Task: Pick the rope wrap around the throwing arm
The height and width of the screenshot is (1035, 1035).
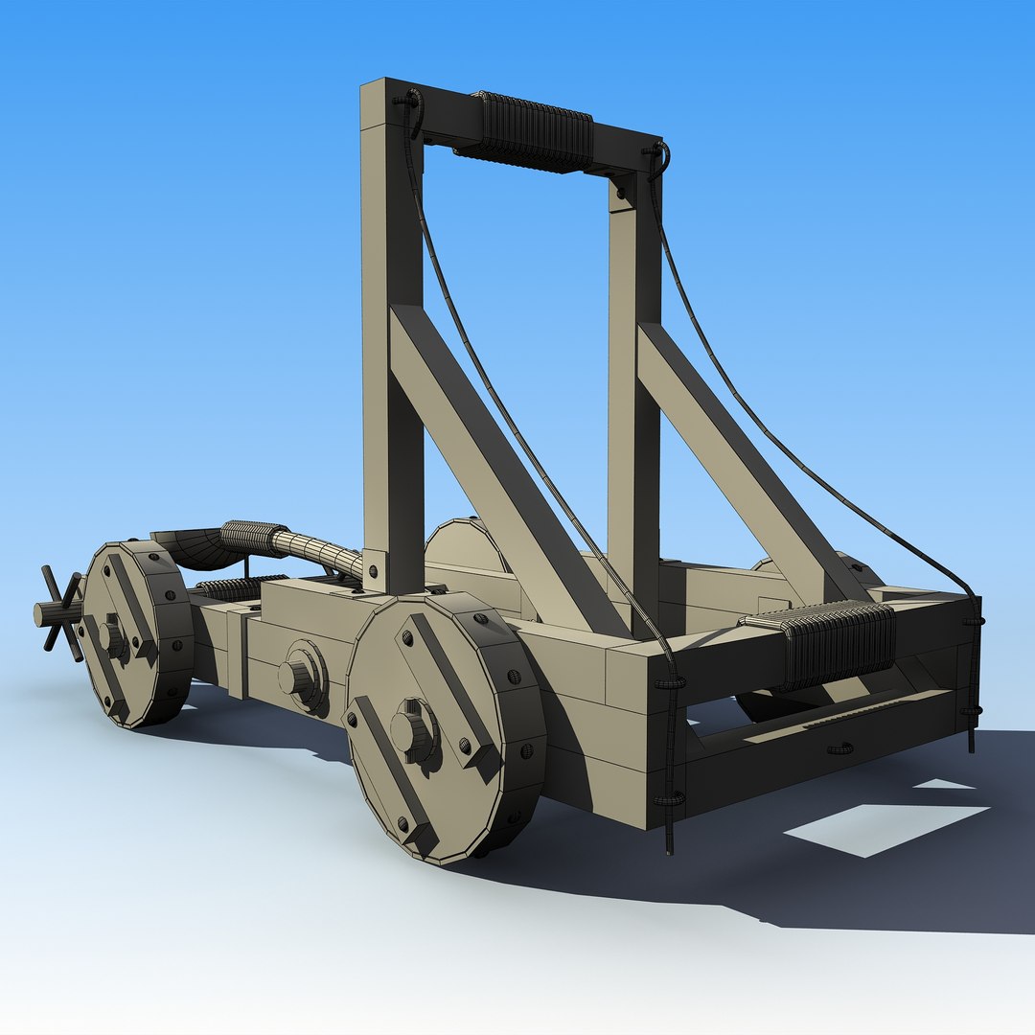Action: pos(253,538)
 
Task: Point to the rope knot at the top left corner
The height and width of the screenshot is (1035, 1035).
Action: pos(410,101)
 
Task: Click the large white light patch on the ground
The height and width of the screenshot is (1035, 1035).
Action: pos(886,826)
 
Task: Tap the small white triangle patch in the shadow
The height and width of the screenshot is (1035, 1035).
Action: pos(944,784)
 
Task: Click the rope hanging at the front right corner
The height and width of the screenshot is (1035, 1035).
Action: pos(973,671)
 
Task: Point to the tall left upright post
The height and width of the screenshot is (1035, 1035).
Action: pos(392,335)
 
